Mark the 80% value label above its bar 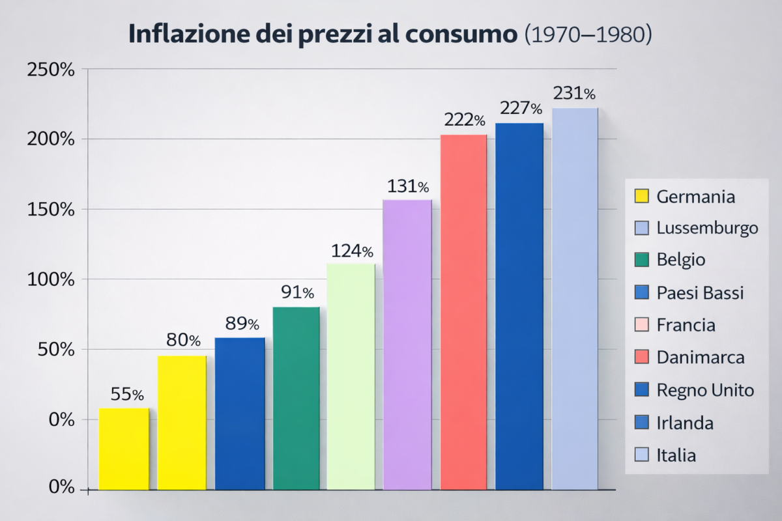point(182,340)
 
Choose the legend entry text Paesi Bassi point(700,293)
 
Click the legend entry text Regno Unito point(705,390)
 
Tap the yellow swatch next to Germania point(642,196)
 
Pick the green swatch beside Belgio point(642,260)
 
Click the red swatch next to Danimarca point(642,358)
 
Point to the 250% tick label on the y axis point(50,70)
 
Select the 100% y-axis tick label point(50,280)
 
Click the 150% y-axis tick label point(50,210)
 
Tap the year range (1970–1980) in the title point(588,35)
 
